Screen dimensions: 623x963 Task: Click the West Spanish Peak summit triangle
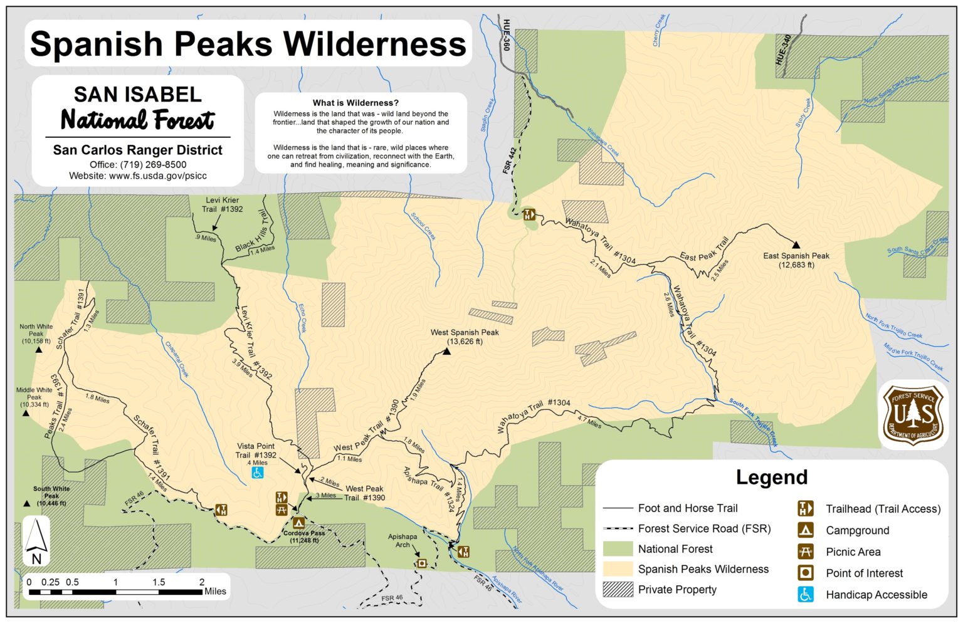(x=447, y=352)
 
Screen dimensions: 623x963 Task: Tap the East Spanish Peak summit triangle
(x=796, y=244)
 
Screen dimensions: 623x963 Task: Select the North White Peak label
(x=36, y=333)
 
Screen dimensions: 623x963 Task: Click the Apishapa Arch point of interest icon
(x=422, y=563)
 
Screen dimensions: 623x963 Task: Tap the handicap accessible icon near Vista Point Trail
(x=258, y=473)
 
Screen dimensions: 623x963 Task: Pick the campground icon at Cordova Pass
(x=298, y=523)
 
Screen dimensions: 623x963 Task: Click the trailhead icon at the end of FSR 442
(x=529, y=214)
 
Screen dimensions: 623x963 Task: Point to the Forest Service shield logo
(x=913, y=415)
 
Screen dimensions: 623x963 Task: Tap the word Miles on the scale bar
(x=215, y=591)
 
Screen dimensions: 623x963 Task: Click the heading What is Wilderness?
(x=355, y=103)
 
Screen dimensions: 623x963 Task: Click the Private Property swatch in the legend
(x=618, y=589)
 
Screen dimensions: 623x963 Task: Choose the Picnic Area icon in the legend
(x=805, y=552)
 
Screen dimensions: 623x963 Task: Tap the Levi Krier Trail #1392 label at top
(x=222, y=205)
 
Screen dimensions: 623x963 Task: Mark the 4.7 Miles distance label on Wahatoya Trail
(x=589, y=424)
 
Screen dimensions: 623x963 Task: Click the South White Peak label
(x=51, y=495)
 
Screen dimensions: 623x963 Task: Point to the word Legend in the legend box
(x=771, y=478)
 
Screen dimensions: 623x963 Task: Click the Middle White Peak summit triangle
(x=26, y=414)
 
